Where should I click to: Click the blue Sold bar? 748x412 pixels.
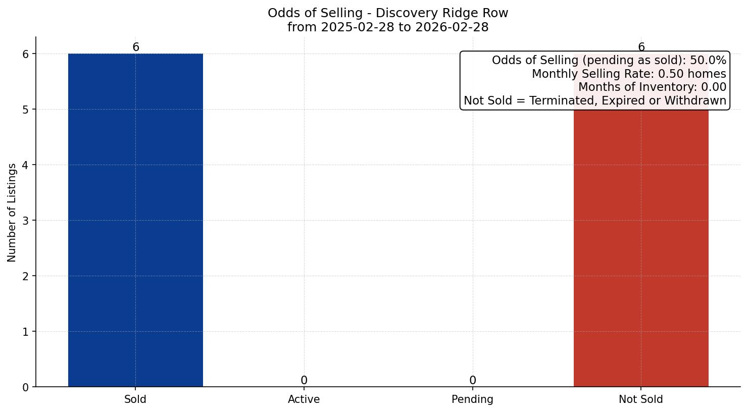(x=135, y=220)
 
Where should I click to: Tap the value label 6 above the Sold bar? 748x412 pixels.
(x=135, y=47)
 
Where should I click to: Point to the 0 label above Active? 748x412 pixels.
(x=304, y=380)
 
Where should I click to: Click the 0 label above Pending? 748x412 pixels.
(x=472, y=380)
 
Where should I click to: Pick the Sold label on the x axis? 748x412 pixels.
(x=135, y=399)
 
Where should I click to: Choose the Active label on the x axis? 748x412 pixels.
(x=304, y=399)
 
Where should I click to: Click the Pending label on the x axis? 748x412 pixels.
(x=472, y=399)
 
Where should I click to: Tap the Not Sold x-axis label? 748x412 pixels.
(x=641, y=399)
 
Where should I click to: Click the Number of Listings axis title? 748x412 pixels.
(x=12, y=212)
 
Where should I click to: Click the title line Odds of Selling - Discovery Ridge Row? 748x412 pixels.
(x=388, y=13)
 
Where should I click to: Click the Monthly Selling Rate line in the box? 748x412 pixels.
(x=629, y=74)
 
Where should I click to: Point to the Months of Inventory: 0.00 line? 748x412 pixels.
(x=652, y=87)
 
